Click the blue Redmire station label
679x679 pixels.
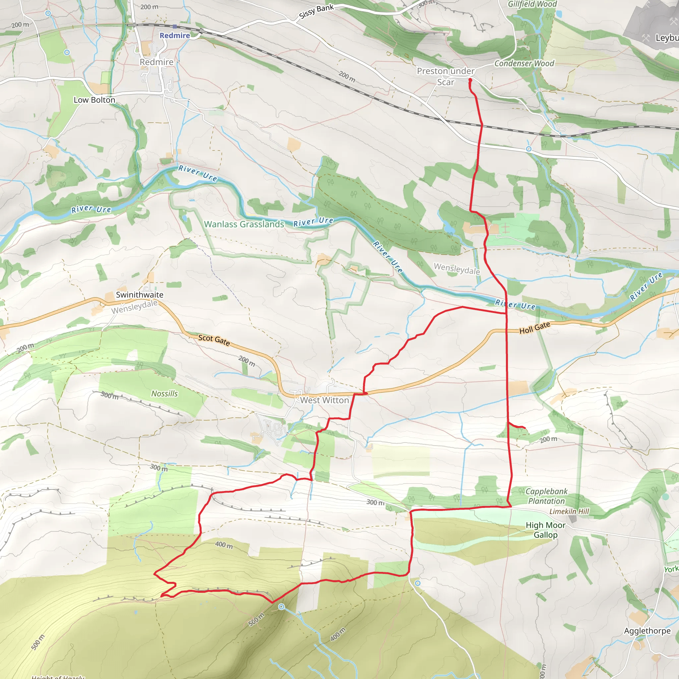tap(175, 35)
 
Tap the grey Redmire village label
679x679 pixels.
tap(156, 62)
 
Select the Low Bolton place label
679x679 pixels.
tap(94, 100)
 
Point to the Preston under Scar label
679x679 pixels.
tap(446, 76)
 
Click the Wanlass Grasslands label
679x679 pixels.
tap(244, 224)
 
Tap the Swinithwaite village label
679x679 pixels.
tap(140, 294)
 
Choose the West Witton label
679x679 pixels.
tap(324, 400)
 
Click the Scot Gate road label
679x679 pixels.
tap(214, 340)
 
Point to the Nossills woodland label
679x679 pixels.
tap(164, 394)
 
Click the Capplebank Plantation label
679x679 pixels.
tap(546, 496)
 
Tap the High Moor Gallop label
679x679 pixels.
tap(545, 530)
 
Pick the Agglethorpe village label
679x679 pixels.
tap(647, 631)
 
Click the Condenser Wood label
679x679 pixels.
tap(524, 63)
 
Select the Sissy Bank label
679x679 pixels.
tap(316, 12)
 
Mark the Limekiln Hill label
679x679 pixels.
tap(569, 511)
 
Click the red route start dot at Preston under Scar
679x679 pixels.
tap(470, 80)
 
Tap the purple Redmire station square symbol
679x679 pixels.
tap(175, 27)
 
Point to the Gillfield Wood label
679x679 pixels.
tap(532, 4)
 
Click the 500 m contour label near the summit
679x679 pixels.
tap(256, 620)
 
